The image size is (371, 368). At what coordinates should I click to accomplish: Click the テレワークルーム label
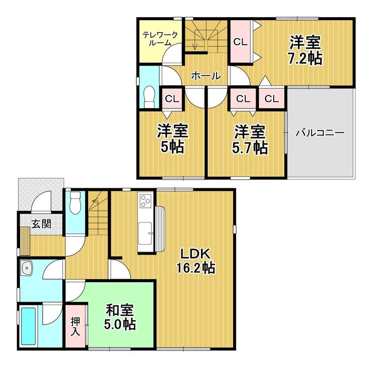click(x=160, y=39)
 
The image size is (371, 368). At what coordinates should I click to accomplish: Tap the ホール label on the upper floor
click(x=206, y=76)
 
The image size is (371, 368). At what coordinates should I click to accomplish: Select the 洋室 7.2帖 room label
click(x=305, y=50)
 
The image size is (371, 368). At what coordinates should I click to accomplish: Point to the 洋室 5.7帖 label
click(x=250, y=140)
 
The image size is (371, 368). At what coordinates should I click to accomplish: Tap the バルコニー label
click(x=320, y=133)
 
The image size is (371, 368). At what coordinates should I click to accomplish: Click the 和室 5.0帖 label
click(x=120, y=317)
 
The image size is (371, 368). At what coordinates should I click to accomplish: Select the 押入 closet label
click(x=76, y=326)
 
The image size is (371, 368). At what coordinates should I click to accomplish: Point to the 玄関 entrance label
click(x=42, y=224)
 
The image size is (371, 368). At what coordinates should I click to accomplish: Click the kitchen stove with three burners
click(x=145, y=201)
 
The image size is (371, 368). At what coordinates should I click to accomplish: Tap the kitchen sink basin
click(x=145, y=233)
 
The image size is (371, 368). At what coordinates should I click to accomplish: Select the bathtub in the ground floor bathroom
click(x=29, y=326)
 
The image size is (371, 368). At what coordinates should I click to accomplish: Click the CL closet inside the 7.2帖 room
click(x=240, y=42)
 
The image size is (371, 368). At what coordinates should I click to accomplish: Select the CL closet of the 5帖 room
click(x=172, y=98)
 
